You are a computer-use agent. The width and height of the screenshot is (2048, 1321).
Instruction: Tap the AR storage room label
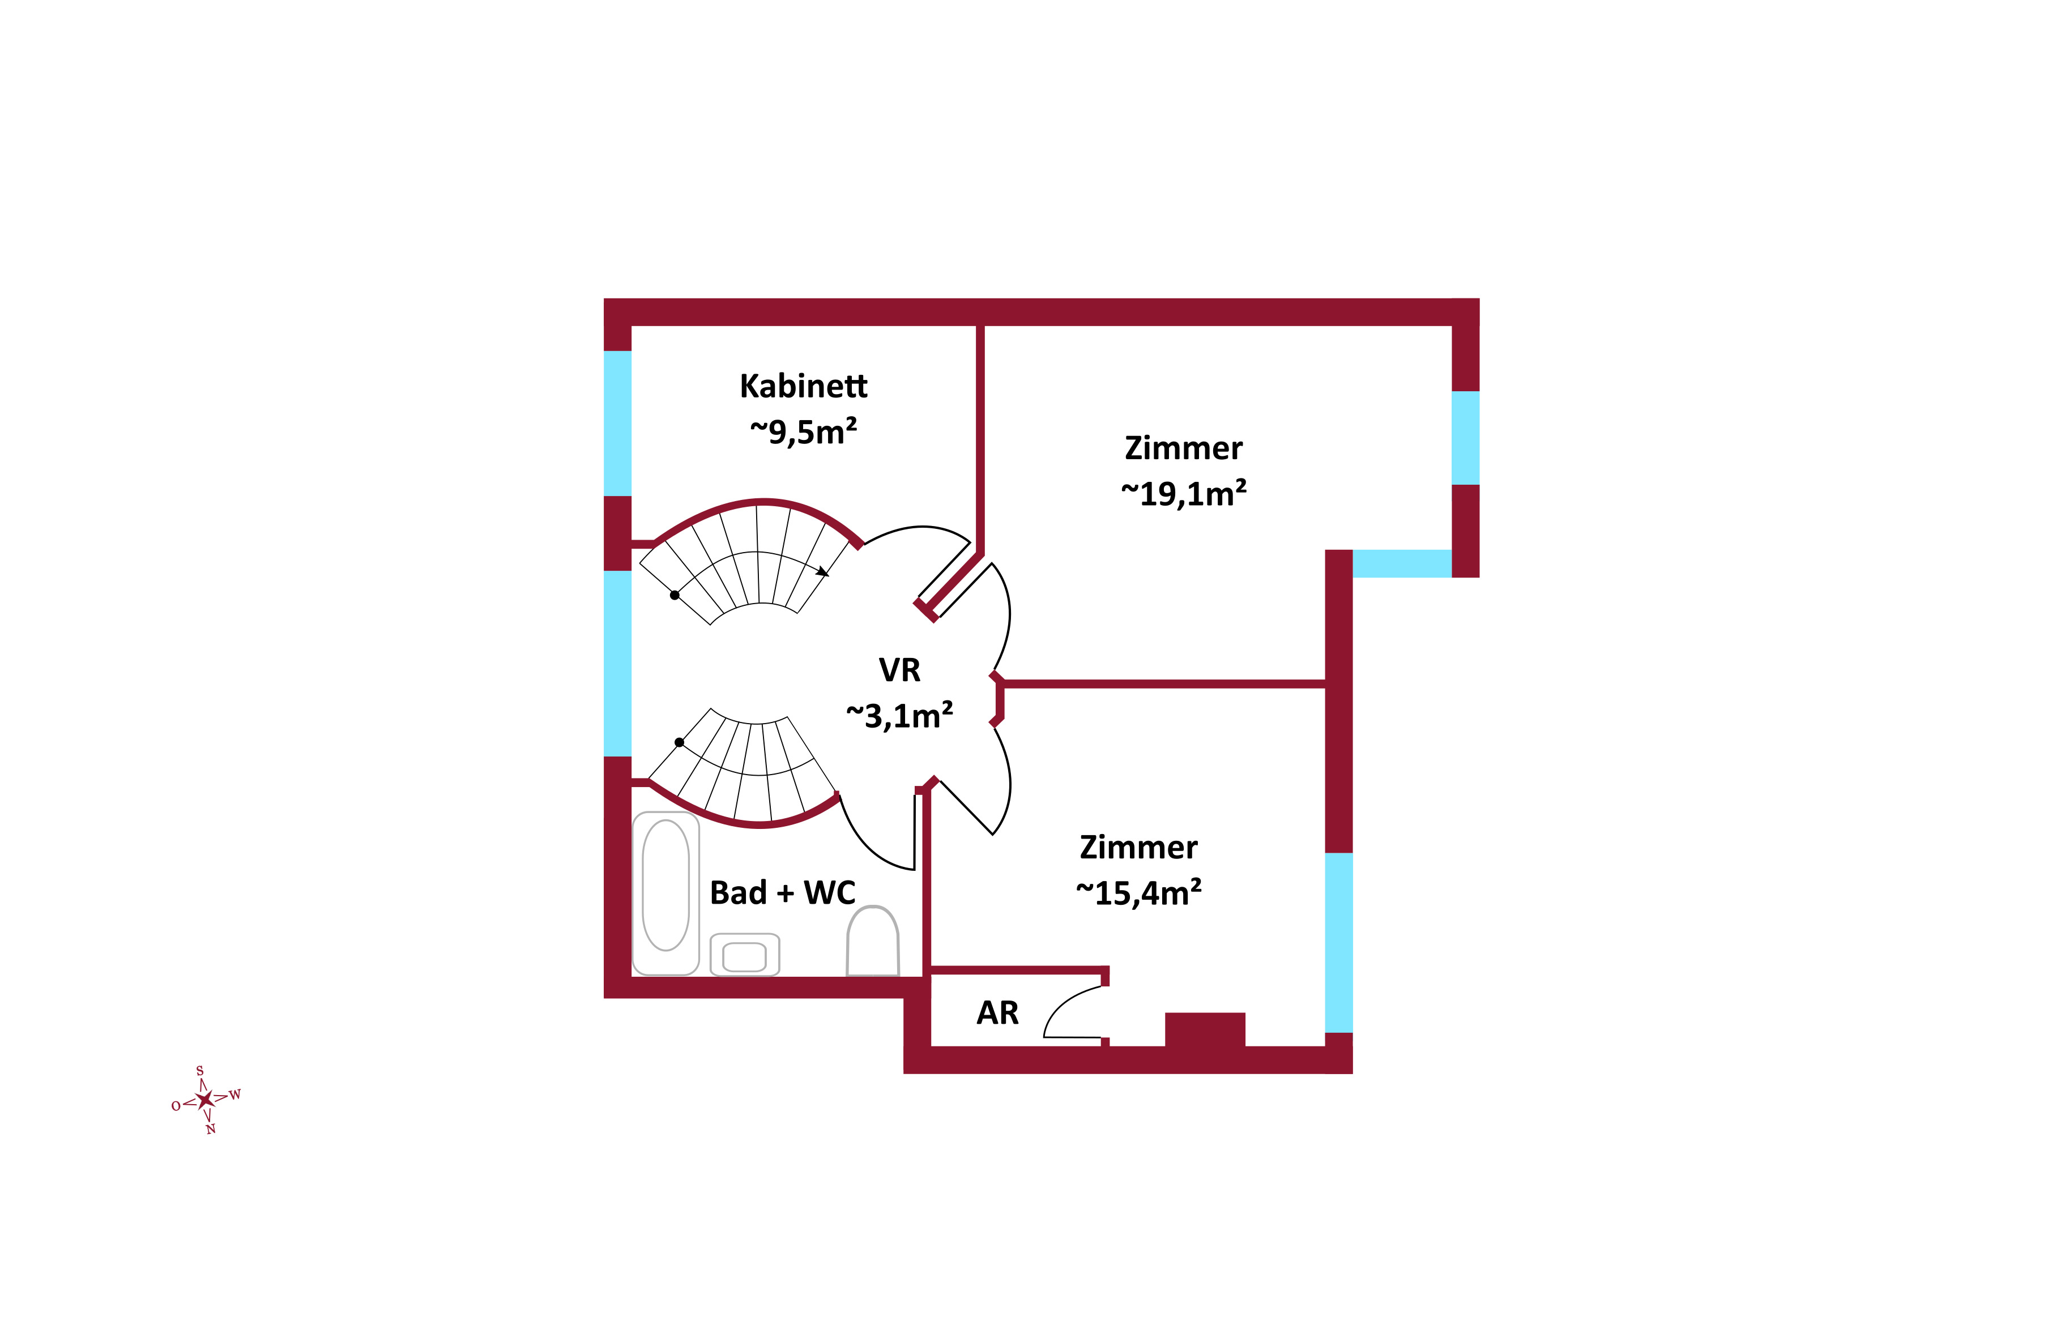[x=997, y=1013]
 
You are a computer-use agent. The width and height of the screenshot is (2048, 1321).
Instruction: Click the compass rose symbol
[x=205, y=1100]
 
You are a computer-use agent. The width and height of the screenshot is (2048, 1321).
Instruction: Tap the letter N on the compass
[x=210, y=1129]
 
